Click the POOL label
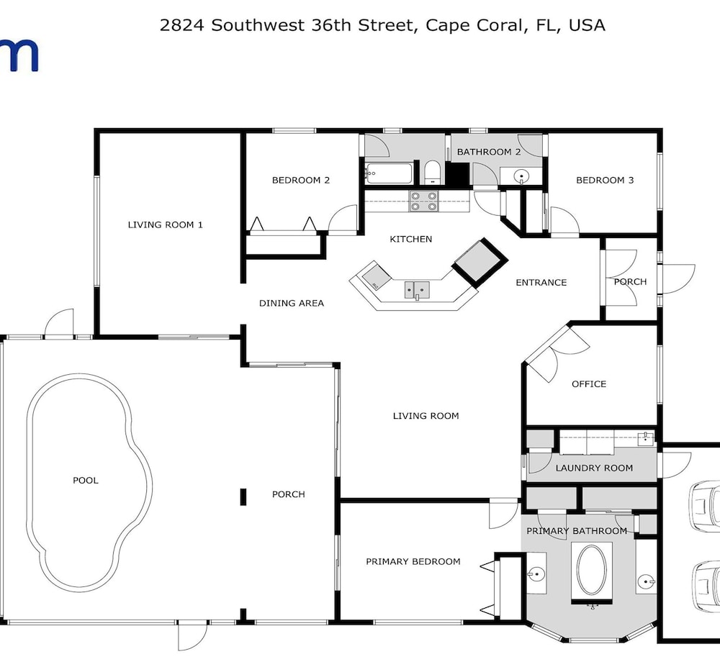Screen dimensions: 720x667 click(x=86, y=481)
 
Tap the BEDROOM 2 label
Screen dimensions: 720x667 click(x=301, y=180)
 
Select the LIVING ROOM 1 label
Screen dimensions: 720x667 click(x=166, y=224)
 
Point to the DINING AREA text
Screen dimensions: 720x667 click(x=292, y=303)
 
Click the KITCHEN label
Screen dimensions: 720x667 click(x=411, y=239)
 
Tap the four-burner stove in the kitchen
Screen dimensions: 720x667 click(x=424, y=201)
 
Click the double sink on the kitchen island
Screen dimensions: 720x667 click(x=417, y=290)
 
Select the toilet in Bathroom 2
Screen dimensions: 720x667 click(x=432, y=172)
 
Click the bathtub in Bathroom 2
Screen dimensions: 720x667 click(x=389, y=173)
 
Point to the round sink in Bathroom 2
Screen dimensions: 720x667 click(x=521, y=176)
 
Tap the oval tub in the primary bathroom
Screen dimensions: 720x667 click(x=592, y=570)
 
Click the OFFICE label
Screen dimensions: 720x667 click(x=589, y=384)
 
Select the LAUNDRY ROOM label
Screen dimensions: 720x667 click(x=594, y=468)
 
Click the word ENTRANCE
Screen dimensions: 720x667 click(x=541, y=282)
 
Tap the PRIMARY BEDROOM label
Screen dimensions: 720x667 click(x=413, y=561)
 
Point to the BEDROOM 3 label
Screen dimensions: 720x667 click(x=605, y=180)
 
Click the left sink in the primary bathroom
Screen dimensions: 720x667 click(x=536, y=573)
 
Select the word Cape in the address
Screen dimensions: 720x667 click(x=448, y=25)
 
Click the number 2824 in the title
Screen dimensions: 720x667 click(x=182, y=25)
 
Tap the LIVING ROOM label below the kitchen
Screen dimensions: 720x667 click(x=426, y=416)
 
